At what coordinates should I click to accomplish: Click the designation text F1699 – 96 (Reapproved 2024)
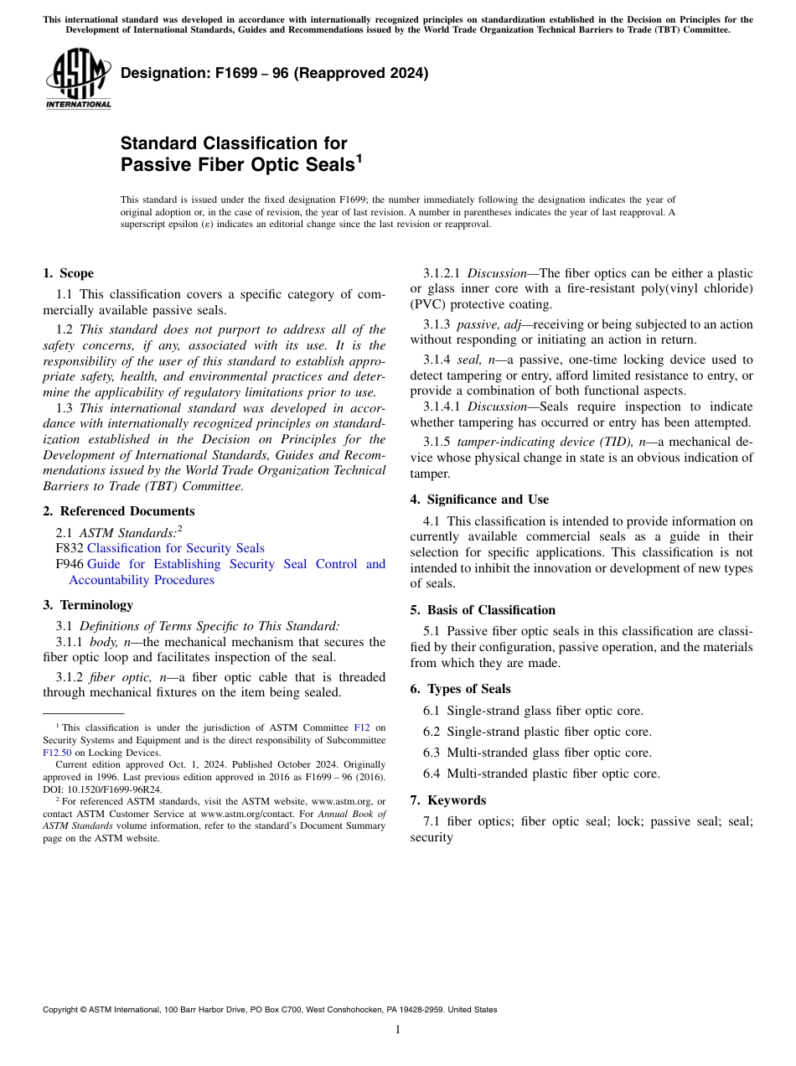[274, 74]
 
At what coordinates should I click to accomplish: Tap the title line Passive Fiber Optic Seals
[237, 164]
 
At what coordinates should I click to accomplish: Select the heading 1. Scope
[68, 273]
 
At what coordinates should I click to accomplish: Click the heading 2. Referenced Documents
[119, 511]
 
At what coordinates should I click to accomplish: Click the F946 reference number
[69, 564]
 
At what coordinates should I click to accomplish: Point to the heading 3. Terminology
[88, 605]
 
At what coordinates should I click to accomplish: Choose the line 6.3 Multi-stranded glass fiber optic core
[537, 753]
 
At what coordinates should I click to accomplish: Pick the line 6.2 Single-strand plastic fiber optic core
[537, 732]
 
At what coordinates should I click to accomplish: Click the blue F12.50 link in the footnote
[57, 753]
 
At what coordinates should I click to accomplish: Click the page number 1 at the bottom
[398, 1030]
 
